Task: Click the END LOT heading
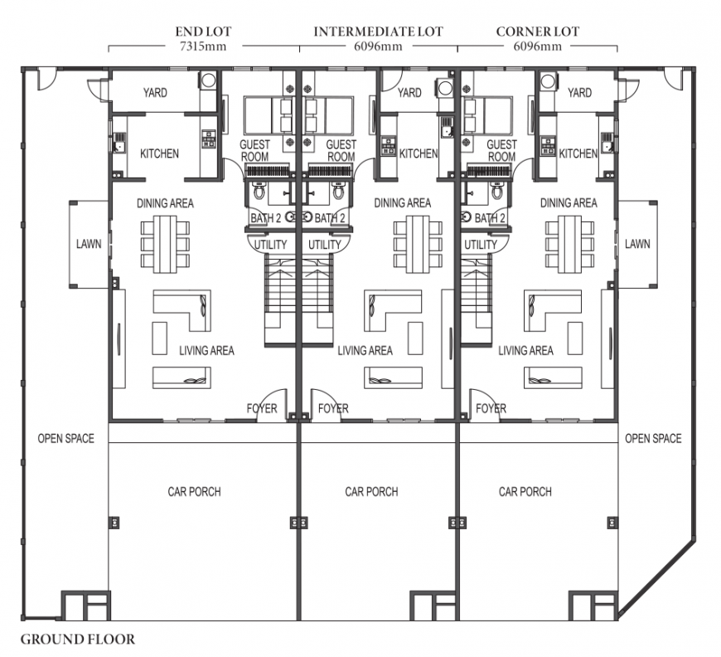pos(203,32)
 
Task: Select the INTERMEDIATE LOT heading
pos(379,32)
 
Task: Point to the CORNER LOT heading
pos(538,32)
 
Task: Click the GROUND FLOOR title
pos(78,639)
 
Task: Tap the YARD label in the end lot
pos(155,93)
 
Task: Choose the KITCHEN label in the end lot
pos(159,153)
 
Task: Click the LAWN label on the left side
pos(89,244)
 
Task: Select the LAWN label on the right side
pos(637,244)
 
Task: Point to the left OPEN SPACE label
pos(65,438)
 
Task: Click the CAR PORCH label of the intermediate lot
pos(371,492)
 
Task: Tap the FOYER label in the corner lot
pos(491,408)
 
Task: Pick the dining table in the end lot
pos(165,244)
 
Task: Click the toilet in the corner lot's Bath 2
pos(496,190)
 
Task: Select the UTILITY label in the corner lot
pos(481,245)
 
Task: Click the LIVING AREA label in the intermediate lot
pos(365,351)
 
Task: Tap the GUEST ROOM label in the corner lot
pos(501,150)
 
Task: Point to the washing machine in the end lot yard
pos(208,80)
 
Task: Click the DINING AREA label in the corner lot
pos(569,203)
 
